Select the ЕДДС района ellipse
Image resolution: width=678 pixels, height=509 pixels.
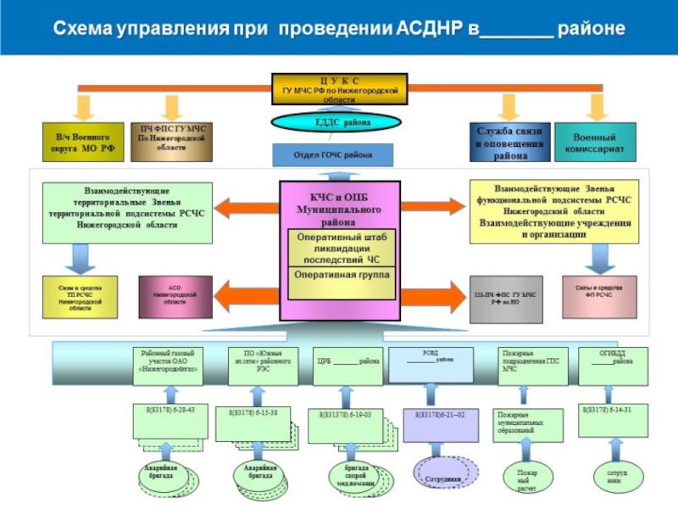pyautogui.click(x=336, y=122)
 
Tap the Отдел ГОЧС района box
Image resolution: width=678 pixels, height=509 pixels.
pyautogui.click(x=333, y=155)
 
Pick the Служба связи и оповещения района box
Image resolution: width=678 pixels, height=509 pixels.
pyautogui.click(x=510, y=143)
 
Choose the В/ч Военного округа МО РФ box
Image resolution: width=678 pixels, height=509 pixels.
pyautogui.click(x=83, y=143)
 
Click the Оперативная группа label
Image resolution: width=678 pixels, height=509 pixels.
pyautogui.click(x=342, y=277)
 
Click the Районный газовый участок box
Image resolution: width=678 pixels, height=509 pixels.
pyautogui.click(x=169, y=363)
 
